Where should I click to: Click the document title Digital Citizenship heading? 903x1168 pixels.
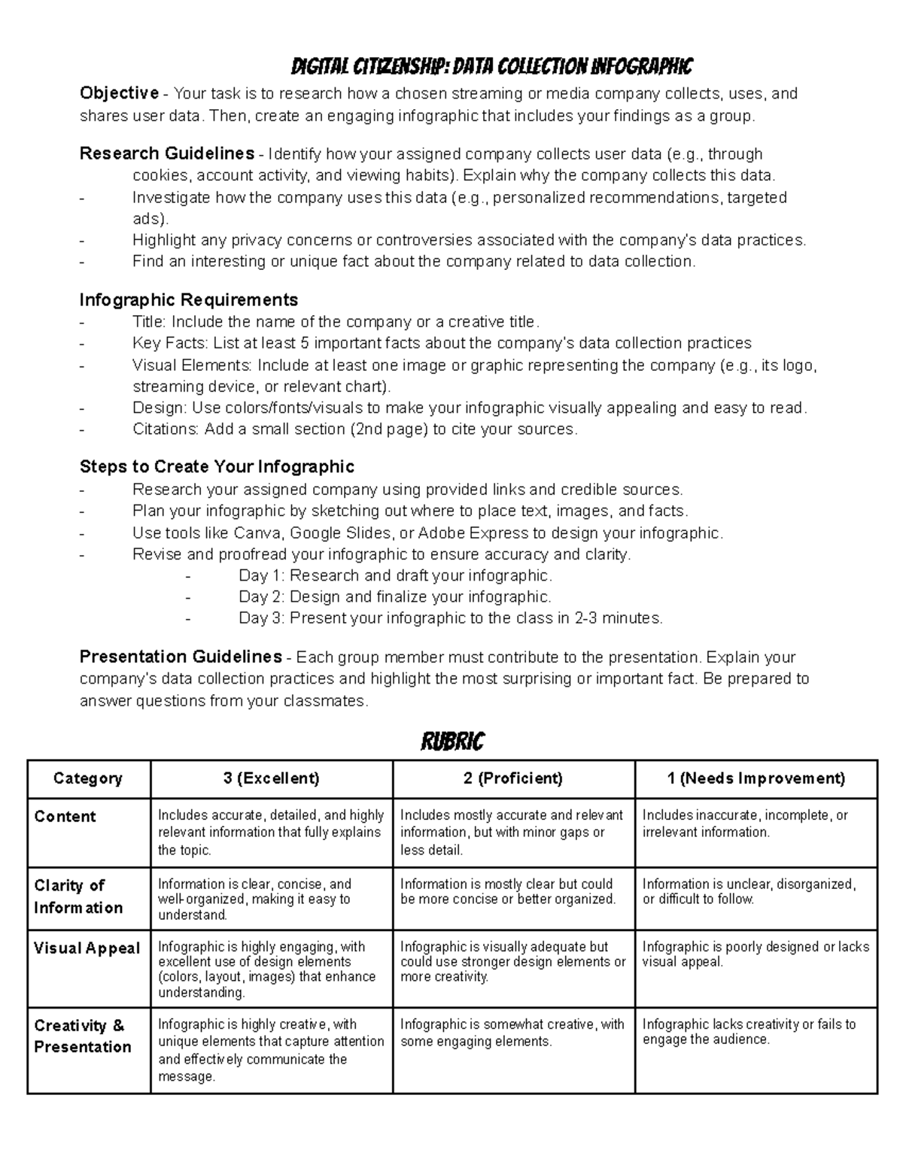click(x=491, y=67)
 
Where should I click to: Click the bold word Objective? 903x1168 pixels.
click(x=119, y=93)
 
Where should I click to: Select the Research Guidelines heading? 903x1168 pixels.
click(x=166, y=153)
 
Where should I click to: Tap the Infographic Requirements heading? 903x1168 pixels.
click(x=188, y=299)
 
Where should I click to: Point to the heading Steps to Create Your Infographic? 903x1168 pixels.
click(x=217, y=466)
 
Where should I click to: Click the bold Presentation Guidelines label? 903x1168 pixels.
click(x=181, y=657)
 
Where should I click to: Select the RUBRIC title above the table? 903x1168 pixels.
click(x=451, y=742)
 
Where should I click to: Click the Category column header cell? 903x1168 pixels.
click(x=88, y=778)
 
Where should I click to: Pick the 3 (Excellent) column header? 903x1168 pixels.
click(x=271, y=778)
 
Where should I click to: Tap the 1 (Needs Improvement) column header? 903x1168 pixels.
click(x=756, y=778)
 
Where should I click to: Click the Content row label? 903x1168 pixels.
click(x=65, y=817)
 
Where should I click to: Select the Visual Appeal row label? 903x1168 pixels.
click(x=87, y=948)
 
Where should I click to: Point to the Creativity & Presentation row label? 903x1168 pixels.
click(x=82, y=1036)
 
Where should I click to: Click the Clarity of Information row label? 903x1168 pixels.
click(x=78, y=896)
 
